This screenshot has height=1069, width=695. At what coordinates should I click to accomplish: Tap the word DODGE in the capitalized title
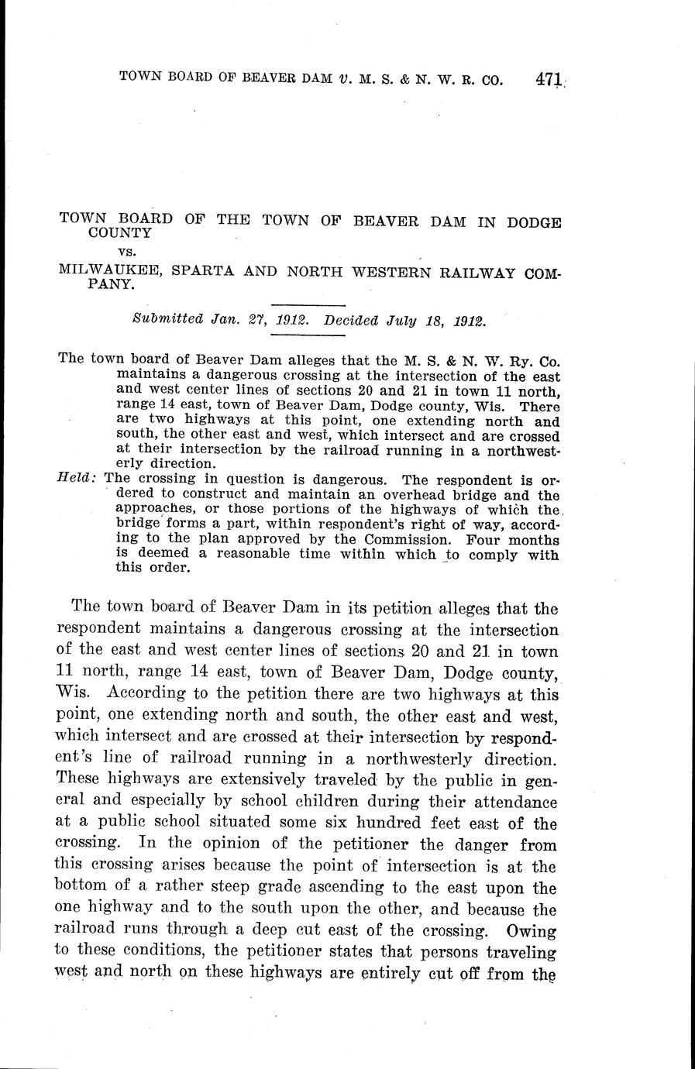point(534,222)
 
